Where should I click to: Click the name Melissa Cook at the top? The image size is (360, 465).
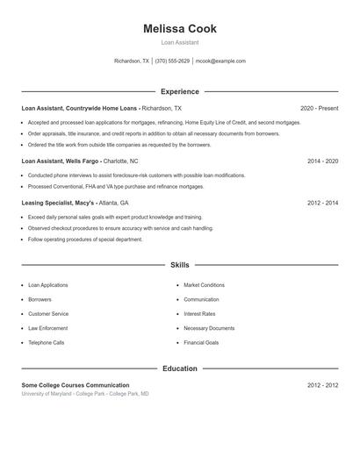tap(179, 29)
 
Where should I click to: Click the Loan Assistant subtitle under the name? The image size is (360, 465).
tap(179, 42)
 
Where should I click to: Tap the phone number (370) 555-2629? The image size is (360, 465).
tap(172, 61)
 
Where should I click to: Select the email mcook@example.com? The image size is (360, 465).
tap(220, 61)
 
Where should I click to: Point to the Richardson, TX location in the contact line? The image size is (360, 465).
tap(132, 61)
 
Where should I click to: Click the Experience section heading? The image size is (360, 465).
tap(179, 91)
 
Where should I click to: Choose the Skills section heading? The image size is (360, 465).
tap(179, 264)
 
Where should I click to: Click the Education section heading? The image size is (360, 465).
tap(179, 368)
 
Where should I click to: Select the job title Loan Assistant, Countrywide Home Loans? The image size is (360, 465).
tap(80, 108)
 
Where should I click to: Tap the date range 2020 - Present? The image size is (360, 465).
tap(319, 108)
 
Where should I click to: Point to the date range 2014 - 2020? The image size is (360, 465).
tap(322, 161)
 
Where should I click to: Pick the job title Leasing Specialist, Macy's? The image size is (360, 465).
tap(58, 203)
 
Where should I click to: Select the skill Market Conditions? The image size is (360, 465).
tap(204, 285)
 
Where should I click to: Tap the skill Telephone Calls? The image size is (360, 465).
tap(46, 342)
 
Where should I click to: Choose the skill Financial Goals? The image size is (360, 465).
tap(201, 342)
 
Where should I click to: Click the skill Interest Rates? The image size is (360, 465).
tap(199, 313)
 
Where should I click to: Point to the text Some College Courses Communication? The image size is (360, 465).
tap(76, 385)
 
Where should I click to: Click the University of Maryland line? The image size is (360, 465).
tap(85, 394)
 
